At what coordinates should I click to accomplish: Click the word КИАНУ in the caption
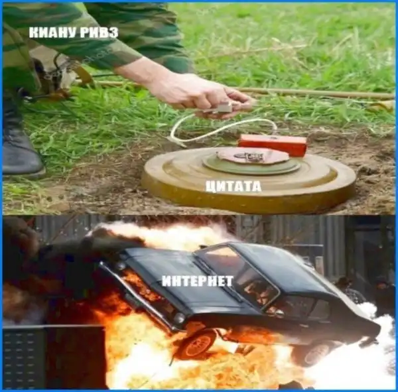tap(50, 33)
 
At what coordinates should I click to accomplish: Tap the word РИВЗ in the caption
tap(96, 33)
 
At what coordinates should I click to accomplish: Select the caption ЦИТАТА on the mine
tap(233, 186)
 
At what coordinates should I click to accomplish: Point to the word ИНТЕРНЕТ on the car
tap(198, 281)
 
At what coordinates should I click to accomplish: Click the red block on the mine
tap(273, 145)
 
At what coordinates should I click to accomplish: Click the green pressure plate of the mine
tap(251, 165)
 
